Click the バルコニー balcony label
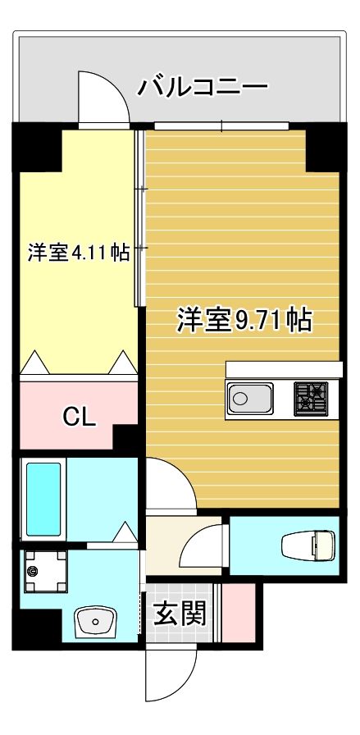click(x=202, y=86)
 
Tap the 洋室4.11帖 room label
click(x=79, y=253)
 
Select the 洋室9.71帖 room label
click(x=244, y=321)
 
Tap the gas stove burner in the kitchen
click(x=311, y=399)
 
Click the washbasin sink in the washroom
click(x=97, y=622)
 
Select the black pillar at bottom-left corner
click(x=37, y=629)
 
